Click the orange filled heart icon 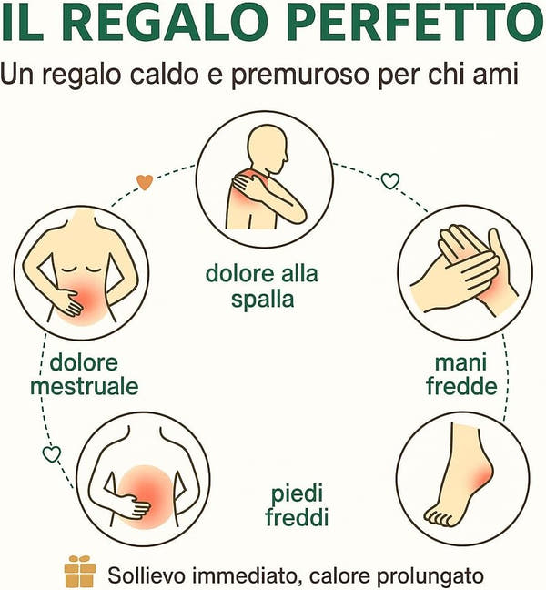(x=144, y=181)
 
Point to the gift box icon (x=79, y=571)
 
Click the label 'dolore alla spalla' (x=261, y=285)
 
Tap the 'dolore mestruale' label (x=84, y=374)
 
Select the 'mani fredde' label (x=462, y=374)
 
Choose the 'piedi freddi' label (x=297, y=506)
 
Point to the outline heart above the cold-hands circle (x=389, y=180)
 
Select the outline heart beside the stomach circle (x=52, y=453)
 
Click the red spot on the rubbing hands (x=487, y=287)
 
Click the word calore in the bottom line (x=339, y=575)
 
